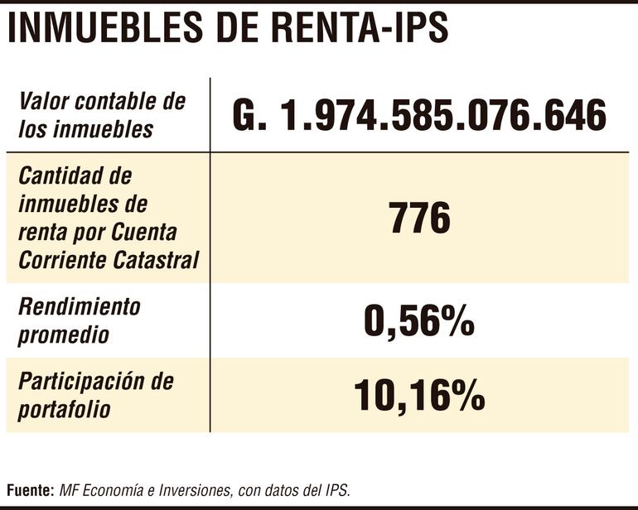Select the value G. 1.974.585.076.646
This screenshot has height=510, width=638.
[x=419, y=116]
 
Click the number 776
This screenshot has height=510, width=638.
[x=419, y=219]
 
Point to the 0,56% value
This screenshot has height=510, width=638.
[x=419, y=323]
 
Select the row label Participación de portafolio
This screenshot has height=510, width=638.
[x=96, y=395]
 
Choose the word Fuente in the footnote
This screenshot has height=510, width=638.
[x=30, y=490]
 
